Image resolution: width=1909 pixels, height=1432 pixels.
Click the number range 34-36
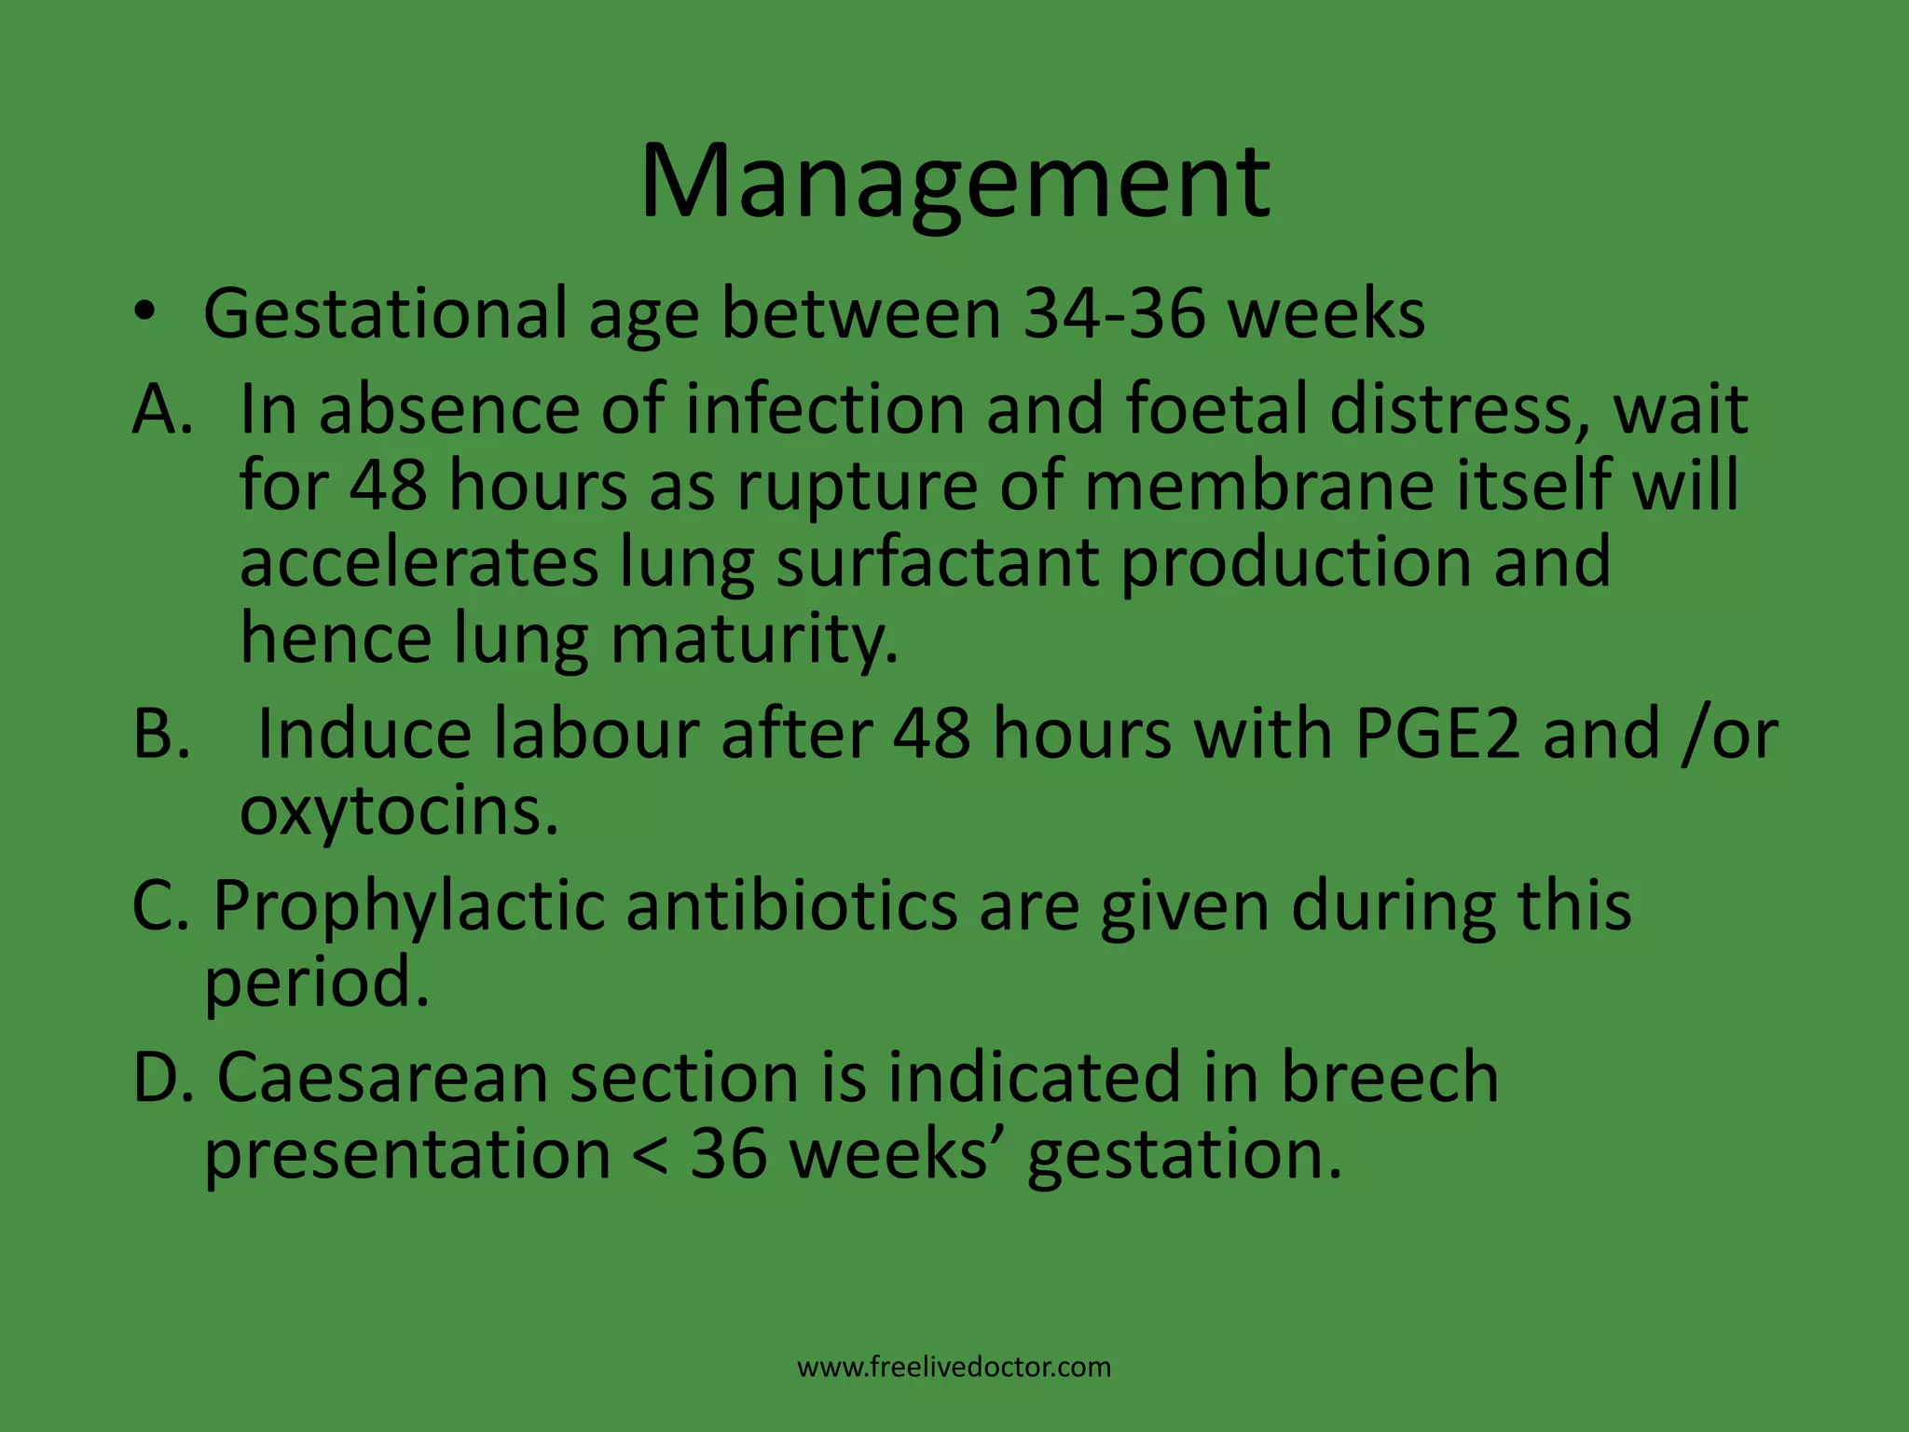click(x=1115, y=313)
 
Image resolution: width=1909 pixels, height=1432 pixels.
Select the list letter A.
click(x=160, y=409)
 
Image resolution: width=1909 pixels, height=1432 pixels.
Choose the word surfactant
click(x=937, y=562)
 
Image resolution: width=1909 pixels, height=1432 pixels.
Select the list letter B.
click(x=160, y=734)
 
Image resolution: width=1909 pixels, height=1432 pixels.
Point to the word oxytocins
click(x=399, y=812)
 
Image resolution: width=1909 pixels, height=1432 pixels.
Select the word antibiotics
click(x=790, y=905)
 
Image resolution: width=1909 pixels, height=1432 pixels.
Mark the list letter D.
click(x=160, y=1078)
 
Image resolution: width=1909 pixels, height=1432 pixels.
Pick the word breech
click(x=1389, y=1078)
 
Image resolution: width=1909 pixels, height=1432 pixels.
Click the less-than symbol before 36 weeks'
click(x=650, y=1156)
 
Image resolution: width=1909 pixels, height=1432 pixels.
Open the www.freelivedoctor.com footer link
click(x=954, y=1368)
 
